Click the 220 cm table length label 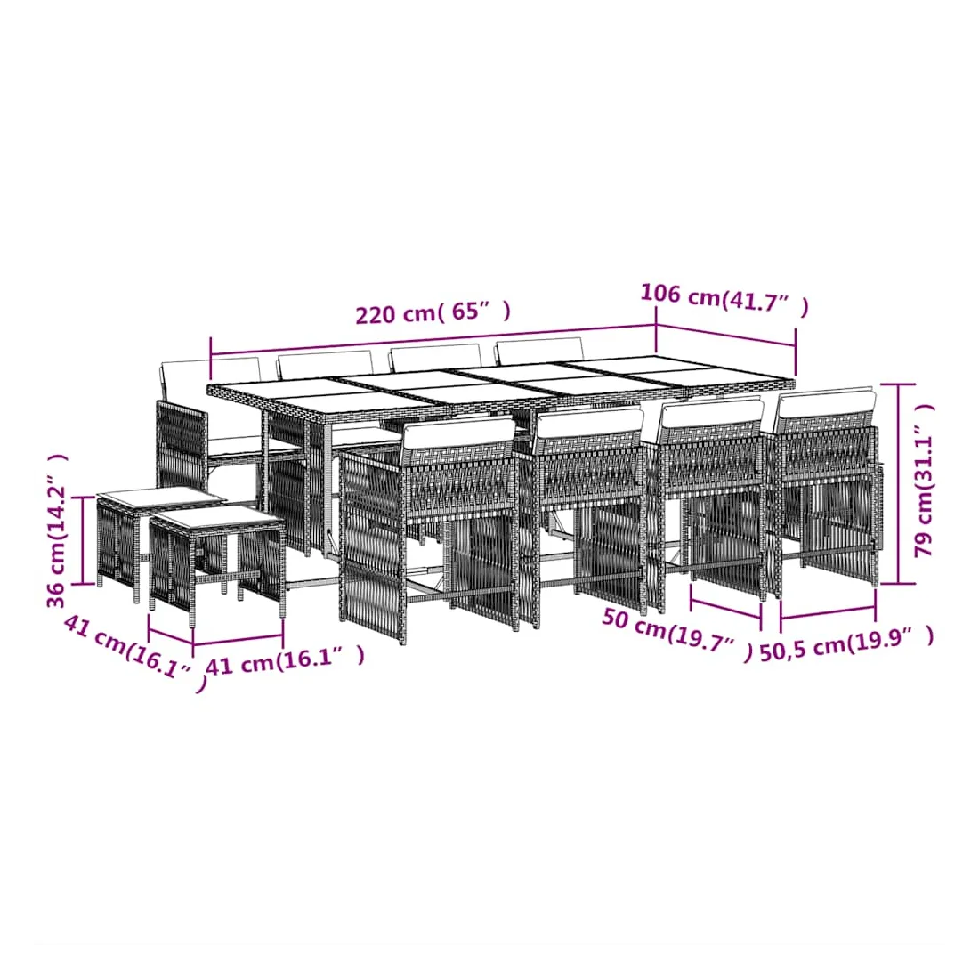(433, 312)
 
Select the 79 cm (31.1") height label (924, 480)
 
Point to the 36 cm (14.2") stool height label (57, 530)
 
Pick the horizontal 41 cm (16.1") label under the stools (285, 660)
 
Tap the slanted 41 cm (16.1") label (135, 652)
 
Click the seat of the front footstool (215, 518)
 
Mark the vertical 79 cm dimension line (898, 484)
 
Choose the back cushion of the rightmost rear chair (539, 352)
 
